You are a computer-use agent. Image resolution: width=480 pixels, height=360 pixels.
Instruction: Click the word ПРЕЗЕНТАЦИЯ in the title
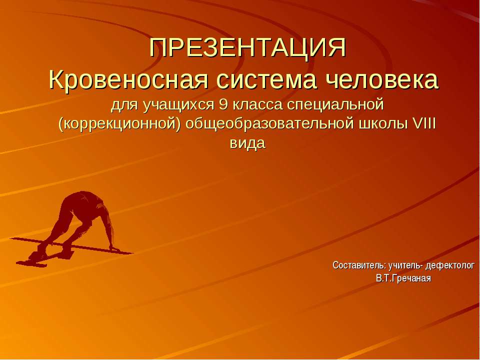248,49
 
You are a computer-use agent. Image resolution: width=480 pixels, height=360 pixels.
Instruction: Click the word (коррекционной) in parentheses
119,124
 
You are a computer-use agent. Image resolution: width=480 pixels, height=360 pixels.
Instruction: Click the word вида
247,143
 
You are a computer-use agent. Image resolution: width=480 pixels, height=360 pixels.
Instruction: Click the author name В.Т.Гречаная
403,278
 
